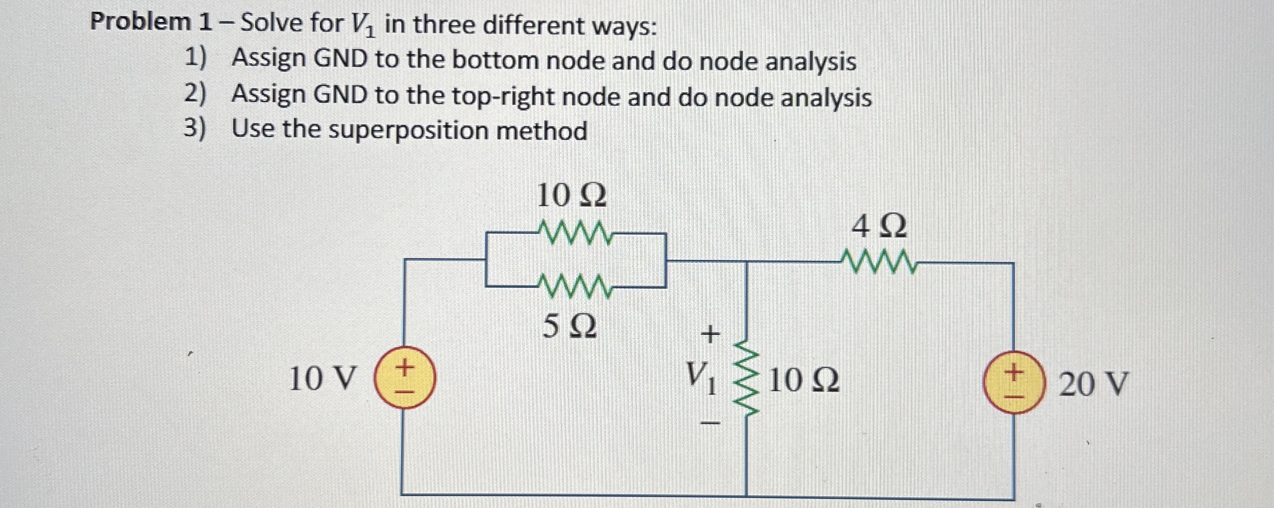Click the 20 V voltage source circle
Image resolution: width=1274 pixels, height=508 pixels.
click(x=1013, y=382)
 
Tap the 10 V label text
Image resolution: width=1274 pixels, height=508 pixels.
click(x=322, y=379)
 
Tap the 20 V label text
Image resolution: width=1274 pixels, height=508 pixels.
click(x=1093, y=384)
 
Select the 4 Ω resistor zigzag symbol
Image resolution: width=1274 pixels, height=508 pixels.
click(x=879, y=262)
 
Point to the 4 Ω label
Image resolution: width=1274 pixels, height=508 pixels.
click(x=879, y=226)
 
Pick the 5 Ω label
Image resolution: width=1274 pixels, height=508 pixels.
click(x=570, y=326)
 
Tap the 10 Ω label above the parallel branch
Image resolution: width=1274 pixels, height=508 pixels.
click(x=572, y=196)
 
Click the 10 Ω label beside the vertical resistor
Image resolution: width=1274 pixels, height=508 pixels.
click(x=804, y=381)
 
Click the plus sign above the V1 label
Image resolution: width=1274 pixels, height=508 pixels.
click(x=711, y=335)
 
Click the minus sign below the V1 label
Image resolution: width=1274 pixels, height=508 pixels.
click(x=711, y=424)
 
